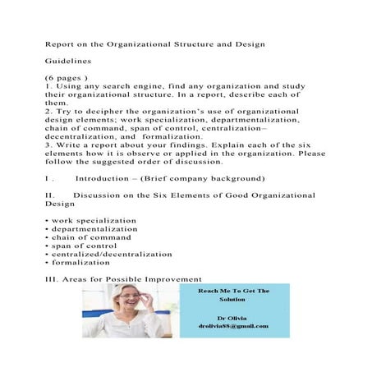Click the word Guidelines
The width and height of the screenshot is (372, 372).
68,61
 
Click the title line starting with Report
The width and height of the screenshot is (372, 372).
161,43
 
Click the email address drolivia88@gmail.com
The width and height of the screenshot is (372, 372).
234,326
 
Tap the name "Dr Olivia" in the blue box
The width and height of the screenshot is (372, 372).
234,317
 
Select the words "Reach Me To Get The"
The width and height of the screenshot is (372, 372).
234,291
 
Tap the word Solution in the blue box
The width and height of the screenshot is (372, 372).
234,299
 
